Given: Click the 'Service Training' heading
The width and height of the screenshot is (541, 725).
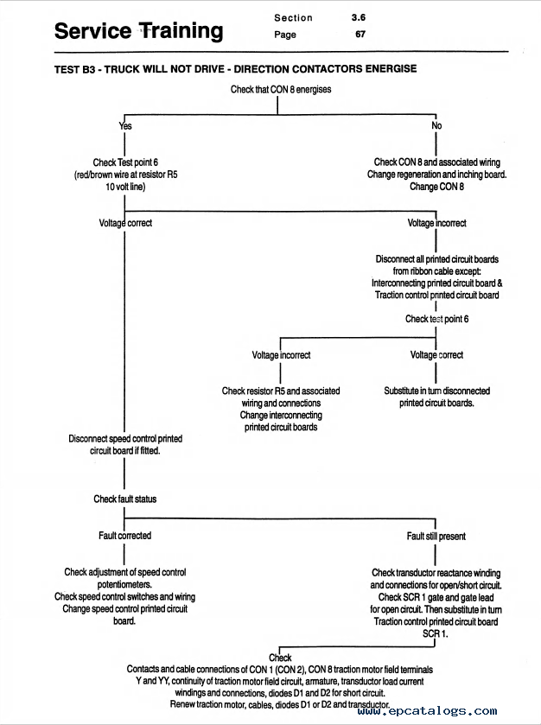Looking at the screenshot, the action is point(139,31).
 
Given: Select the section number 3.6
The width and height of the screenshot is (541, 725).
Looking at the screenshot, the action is point(359,17).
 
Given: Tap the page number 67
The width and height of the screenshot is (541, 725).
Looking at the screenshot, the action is point(360,35).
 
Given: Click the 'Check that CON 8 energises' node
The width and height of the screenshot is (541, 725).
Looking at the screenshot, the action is point(281,89).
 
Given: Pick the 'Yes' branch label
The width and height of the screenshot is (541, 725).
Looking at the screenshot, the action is point(125,126).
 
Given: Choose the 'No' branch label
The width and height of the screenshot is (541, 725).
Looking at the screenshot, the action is point(436,125).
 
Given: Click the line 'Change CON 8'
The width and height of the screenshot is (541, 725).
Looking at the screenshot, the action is point(436,187).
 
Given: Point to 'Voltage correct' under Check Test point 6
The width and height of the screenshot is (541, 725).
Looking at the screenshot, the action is point(125,223).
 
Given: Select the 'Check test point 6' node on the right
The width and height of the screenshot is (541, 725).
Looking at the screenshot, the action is point(436,319).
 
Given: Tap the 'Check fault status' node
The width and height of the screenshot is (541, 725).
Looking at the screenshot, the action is point(124,499).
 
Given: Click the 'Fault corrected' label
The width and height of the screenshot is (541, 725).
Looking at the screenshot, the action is point(124,536).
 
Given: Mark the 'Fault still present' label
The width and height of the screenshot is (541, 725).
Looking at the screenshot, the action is point(436,536).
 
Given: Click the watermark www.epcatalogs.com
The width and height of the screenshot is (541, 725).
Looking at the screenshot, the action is point(427,710).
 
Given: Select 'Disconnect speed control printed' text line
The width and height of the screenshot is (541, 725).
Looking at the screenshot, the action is point(125,438).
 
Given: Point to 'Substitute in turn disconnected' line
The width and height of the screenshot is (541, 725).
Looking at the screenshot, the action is point(436,391).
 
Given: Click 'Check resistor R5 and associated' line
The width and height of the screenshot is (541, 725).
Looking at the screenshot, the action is point(281,391).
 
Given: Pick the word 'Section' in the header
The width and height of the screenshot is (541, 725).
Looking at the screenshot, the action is point(293,18).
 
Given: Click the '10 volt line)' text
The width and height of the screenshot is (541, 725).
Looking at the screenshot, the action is point(125,187).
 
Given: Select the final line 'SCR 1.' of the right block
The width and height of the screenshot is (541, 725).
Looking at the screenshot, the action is point(435,633).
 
